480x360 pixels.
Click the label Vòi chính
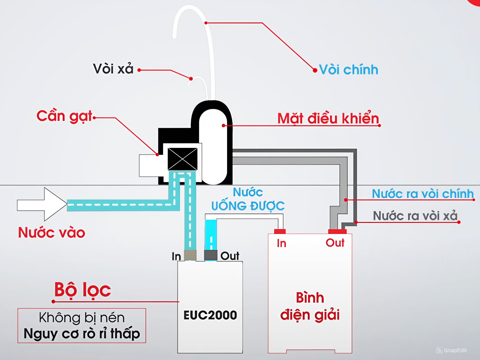pos(348,70)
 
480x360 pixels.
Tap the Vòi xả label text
pos(113,69)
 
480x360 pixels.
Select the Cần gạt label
pos(64,116)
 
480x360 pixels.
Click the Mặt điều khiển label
pos(328,118)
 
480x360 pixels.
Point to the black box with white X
pos(182,159)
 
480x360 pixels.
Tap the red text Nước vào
pos(52,232)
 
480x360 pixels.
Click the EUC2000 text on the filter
pos(210,315)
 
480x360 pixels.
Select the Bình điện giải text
pos(310,306)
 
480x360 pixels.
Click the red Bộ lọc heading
pos(82,290)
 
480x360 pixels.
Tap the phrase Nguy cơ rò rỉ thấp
pos(82,334)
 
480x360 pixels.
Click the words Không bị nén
pos(82,318)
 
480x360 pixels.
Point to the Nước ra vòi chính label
pos(422,194)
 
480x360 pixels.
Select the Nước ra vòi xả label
pos(415,216)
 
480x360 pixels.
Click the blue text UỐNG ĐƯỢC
pos(248,206)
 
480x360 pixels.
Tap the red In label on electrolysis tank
pos(281,243)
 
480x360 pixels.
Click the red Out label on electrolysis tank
pos(335,243)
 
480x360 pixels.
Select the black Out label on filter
pos(230,256)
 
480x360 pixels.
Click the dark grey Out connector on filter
pos(211,255)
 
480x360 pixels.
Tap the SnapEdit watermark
pos(452,350)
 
